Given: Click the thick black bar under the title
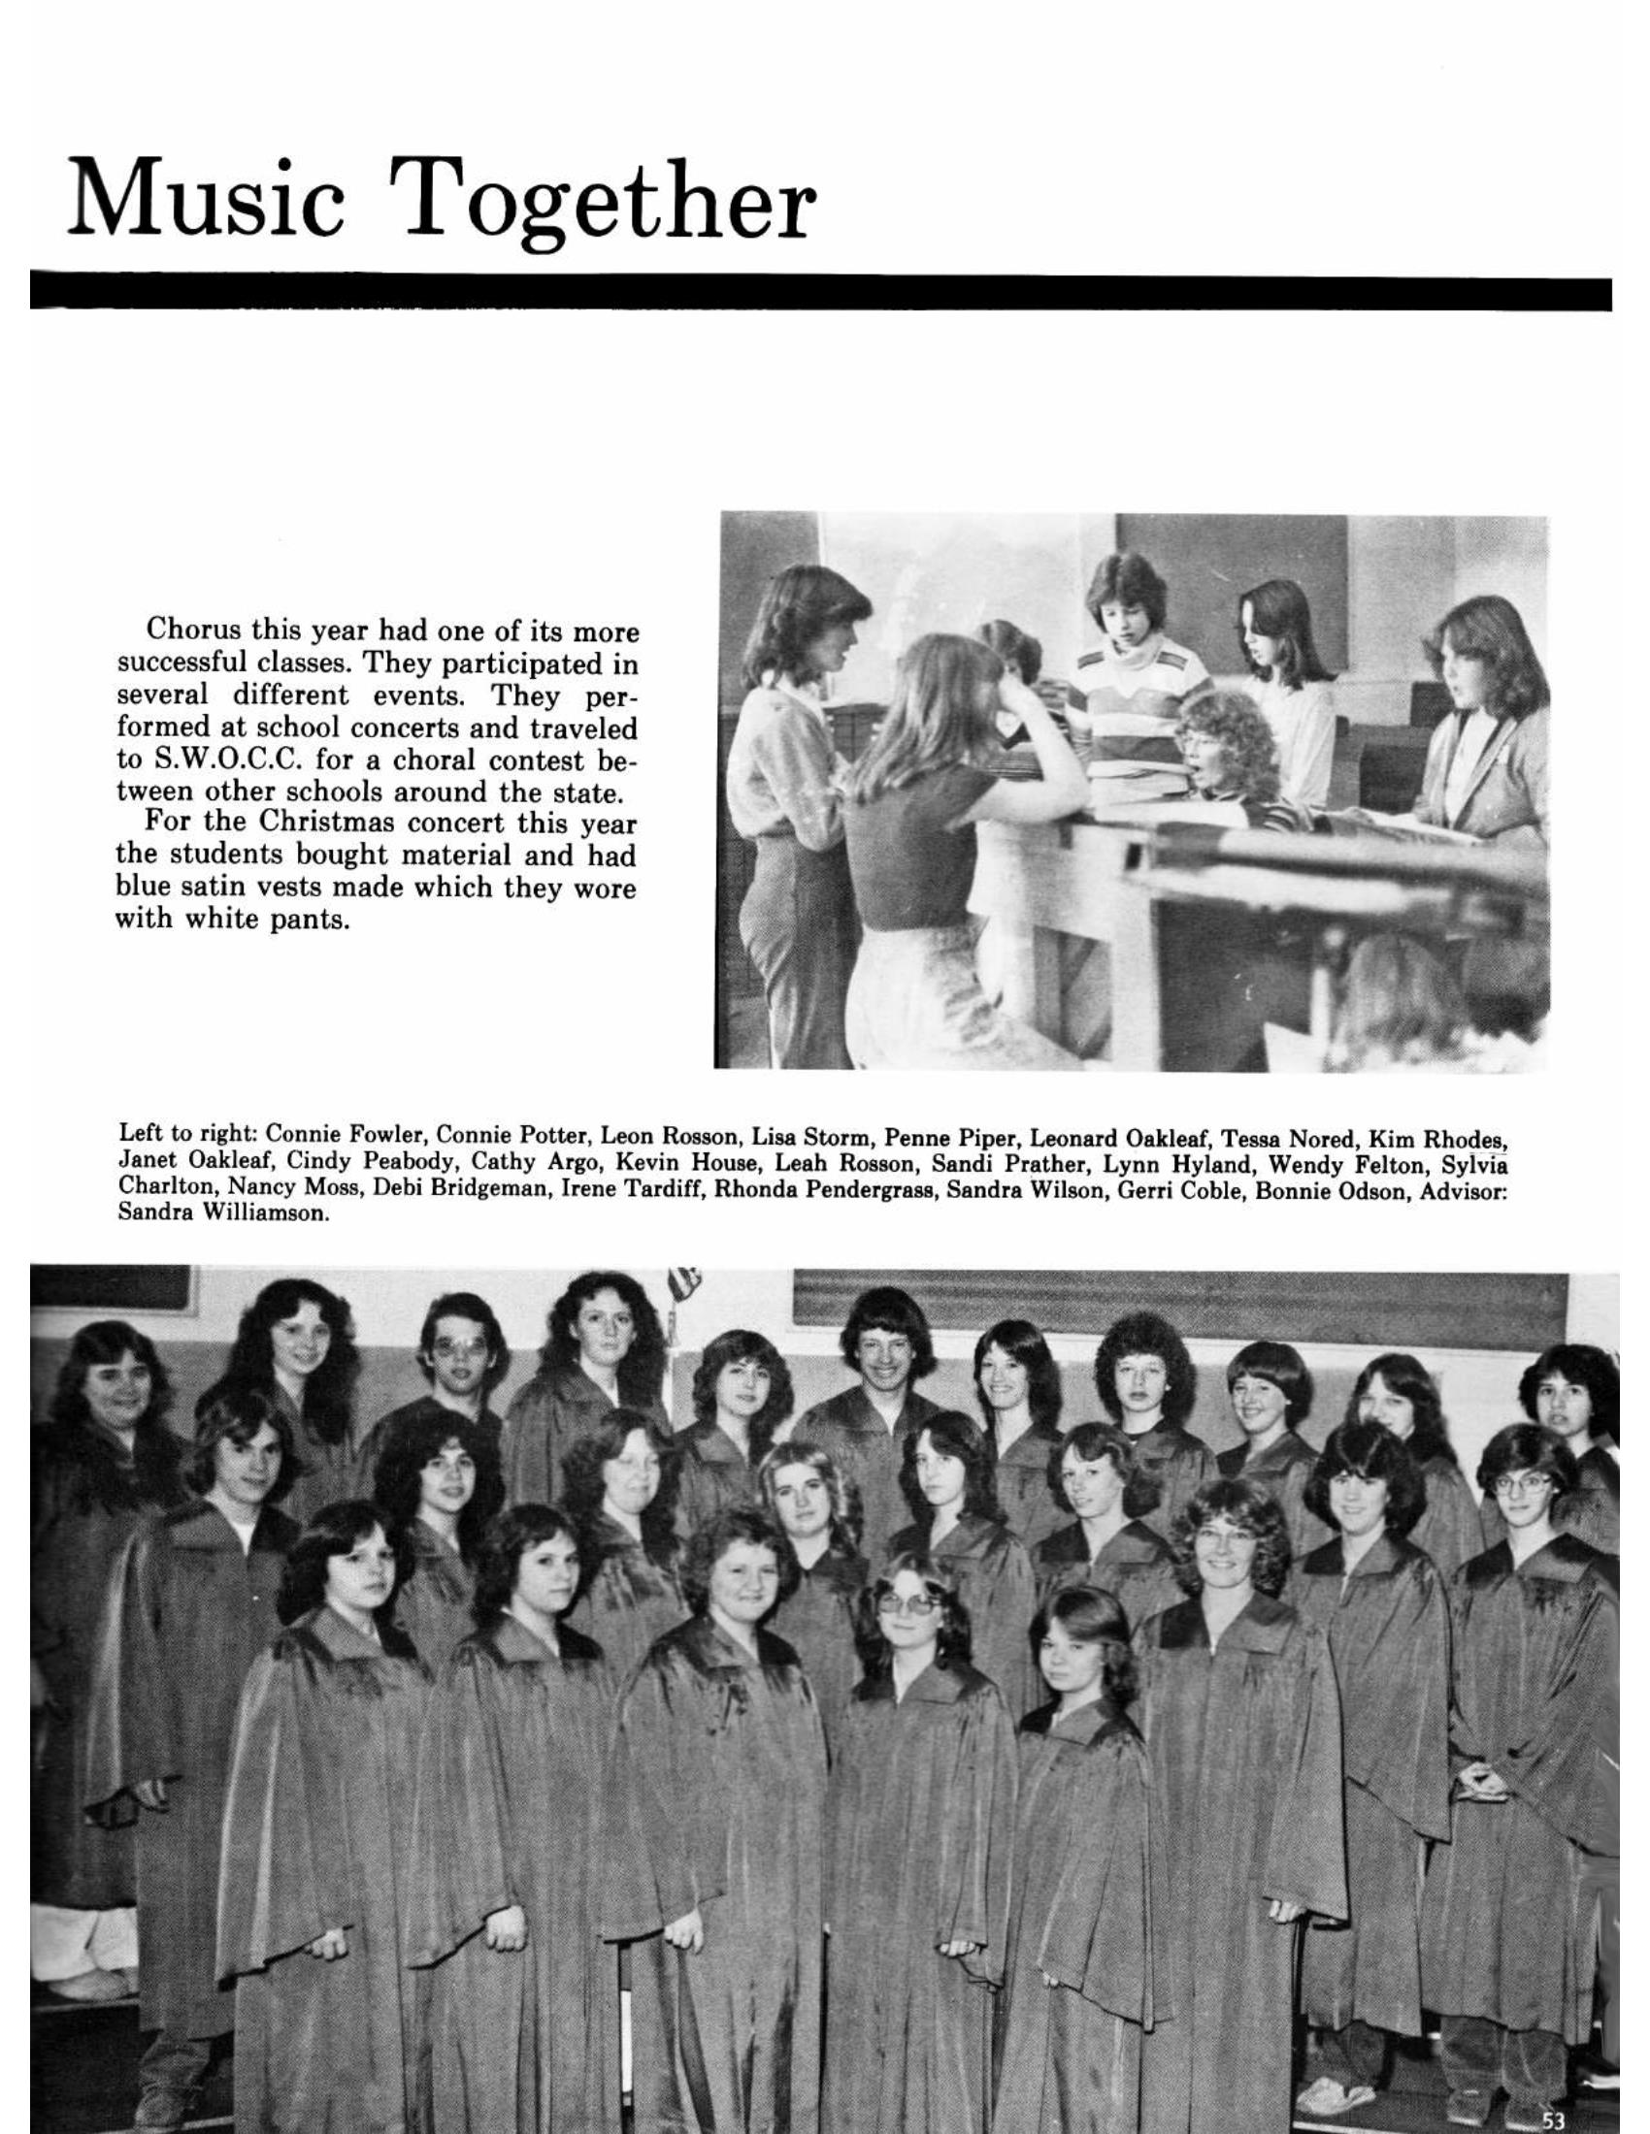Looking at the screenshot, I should tap(821, 293).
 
